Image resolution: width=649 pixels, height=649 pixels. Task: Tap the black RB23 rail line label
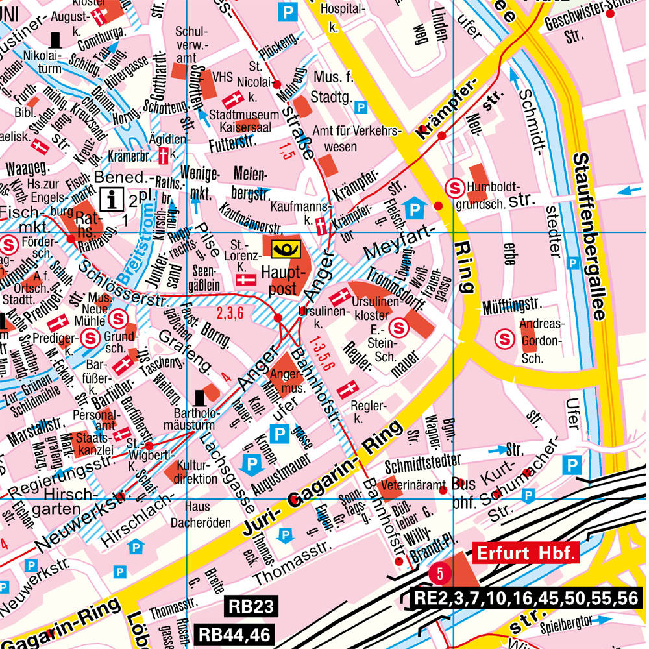253,607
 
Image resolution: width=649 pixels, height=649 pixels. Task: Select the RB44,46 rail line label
236,634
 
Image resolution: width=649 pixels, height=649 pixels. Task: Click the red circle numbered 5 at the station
439,573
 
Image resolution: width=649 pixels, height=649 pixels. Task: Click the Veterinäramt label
413,484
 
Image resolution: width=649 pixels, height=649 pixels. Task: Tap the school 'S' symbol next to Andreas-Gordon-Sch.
504,337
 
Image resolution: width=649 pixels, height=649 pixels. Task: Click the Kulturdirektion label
197,472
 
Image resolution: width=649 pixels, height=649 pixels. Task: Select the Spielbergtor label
565,627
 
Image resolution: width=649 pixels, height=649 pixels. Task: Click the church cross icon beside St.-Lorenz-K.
245,280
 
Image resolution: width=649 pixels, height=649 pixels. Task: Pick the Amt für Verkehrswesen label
354,138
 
